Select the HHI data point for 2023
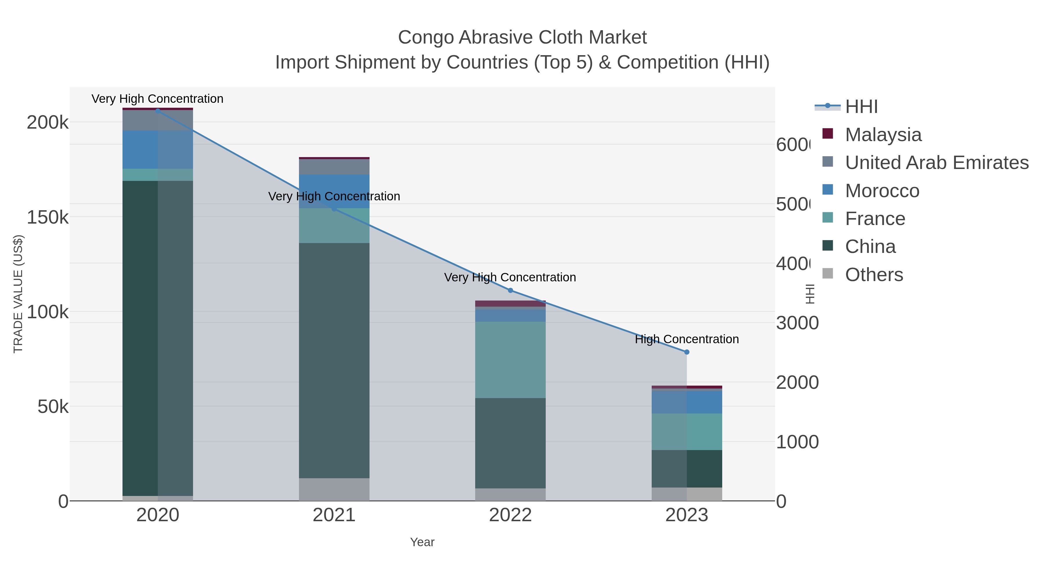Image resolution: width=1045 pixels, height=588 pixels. [687, 352]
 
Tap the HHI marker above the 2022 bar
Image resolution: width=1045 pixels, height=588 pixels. [510, 291]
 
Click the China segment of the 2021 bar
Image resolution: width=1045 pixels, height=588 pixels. [334, 360]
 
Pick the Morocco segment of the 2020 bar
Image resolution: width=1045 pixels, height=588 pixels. [158, 149]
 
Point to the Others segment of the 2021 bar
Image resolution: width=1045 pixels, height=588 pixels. [334, 489]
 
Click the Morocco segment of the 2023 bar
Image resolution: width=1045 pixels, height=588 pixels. [687, 402]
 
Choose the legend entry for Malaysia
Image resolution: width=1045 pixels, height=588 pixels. [883, 135]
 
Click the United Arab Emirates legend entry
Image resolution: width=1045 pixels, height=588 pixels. [936, 163]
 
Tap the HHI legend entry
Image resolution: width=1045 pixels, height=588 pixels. [861, 107]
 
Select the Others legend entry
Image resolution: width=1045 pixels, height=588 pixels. [873, 275]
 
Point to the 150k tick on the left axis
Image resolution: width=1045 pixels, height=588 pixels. [48, 217]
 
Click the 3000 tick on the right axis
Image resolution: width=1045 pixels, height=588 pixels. [797, 323]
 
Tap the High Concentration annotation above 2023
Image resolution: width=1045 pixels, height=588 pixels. [687, 339]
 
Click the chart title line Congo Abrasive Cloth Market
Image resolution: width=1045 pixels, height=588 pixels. [522, 37]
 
